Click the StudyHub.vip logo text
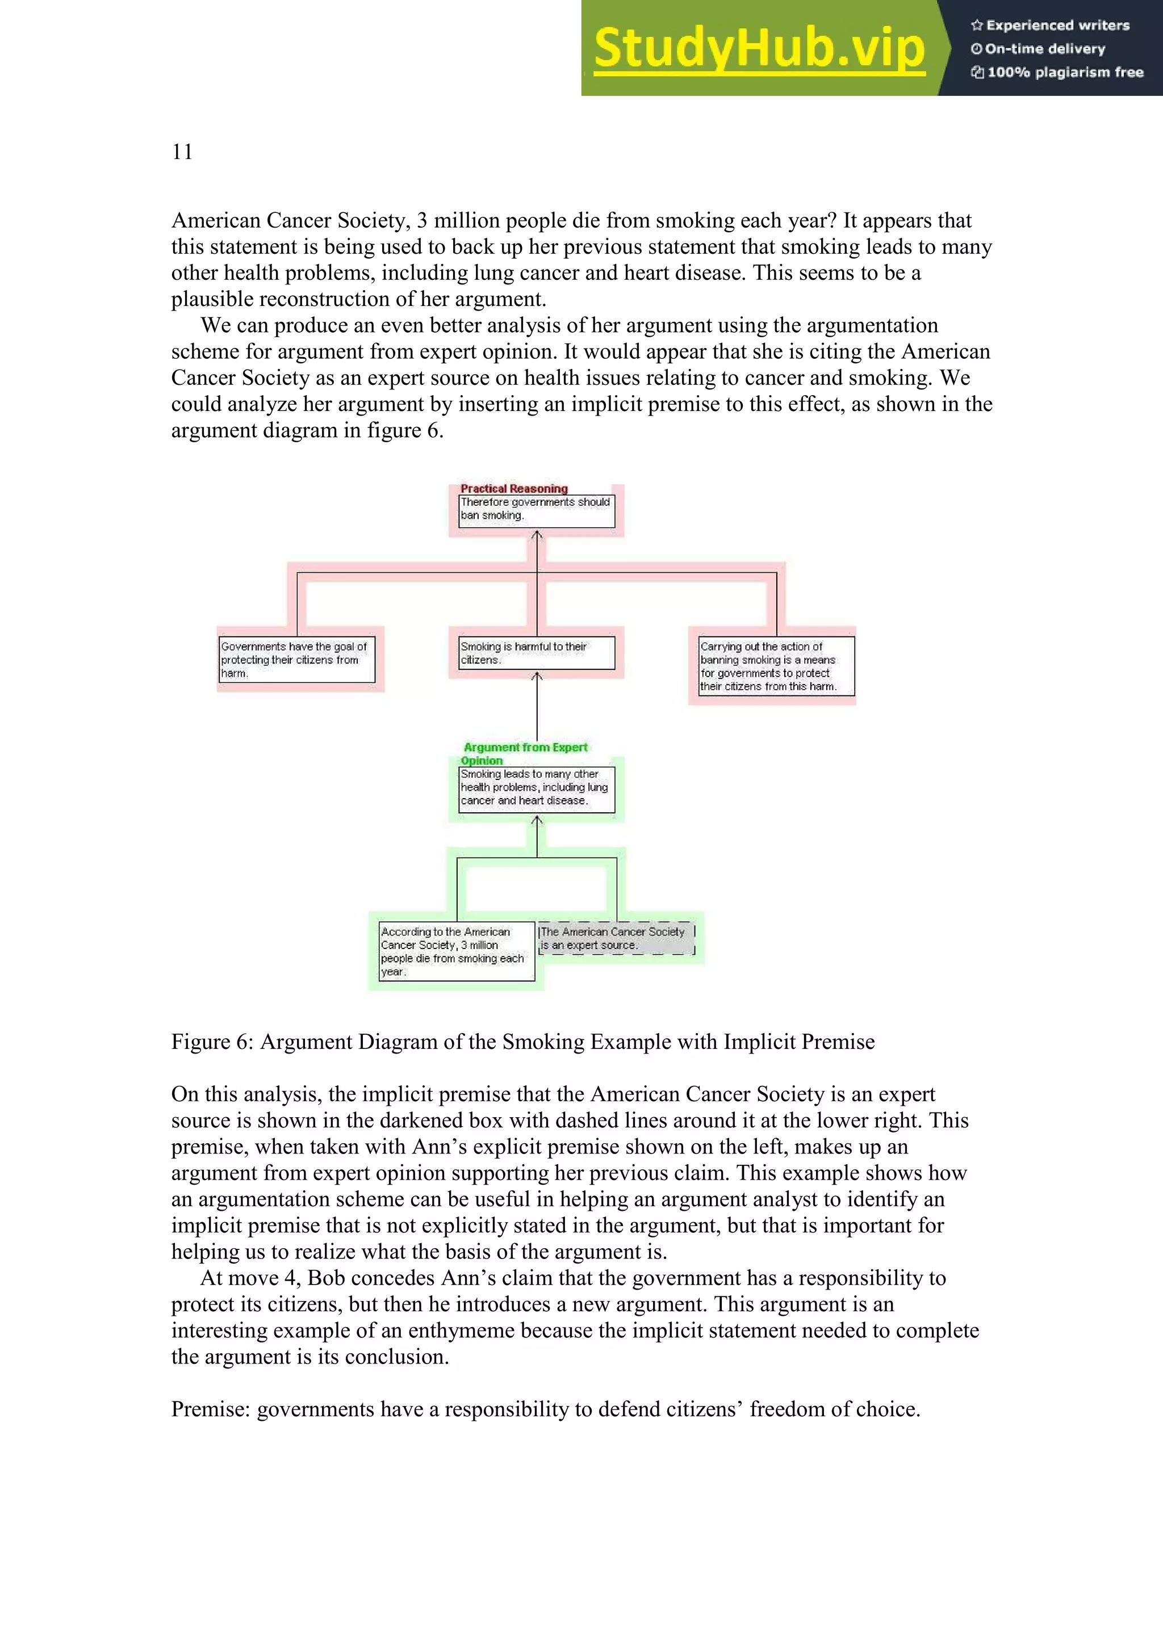point(759,49)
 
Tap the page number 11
point(182,152)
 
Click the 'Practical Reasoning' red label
point(514,489)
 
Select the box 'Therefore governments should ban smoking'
point(536,511)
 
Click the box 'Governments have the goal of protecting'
point(296,660)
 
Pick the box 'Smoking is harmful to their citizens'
point(536,653)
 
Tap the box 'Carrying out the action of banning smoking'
point(776,666)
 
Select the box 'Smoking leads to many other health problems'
point(536,788)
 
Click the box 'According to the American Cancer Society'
point(457,951)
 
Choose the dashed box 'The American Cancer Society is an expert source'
point(616,938)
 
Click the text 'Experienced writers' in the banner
point(1057,26)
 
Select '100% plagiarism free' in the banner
point(1065,72)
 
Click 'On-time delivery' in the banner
point(1045,49)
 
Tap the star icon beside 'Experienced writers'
point(976,26)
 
